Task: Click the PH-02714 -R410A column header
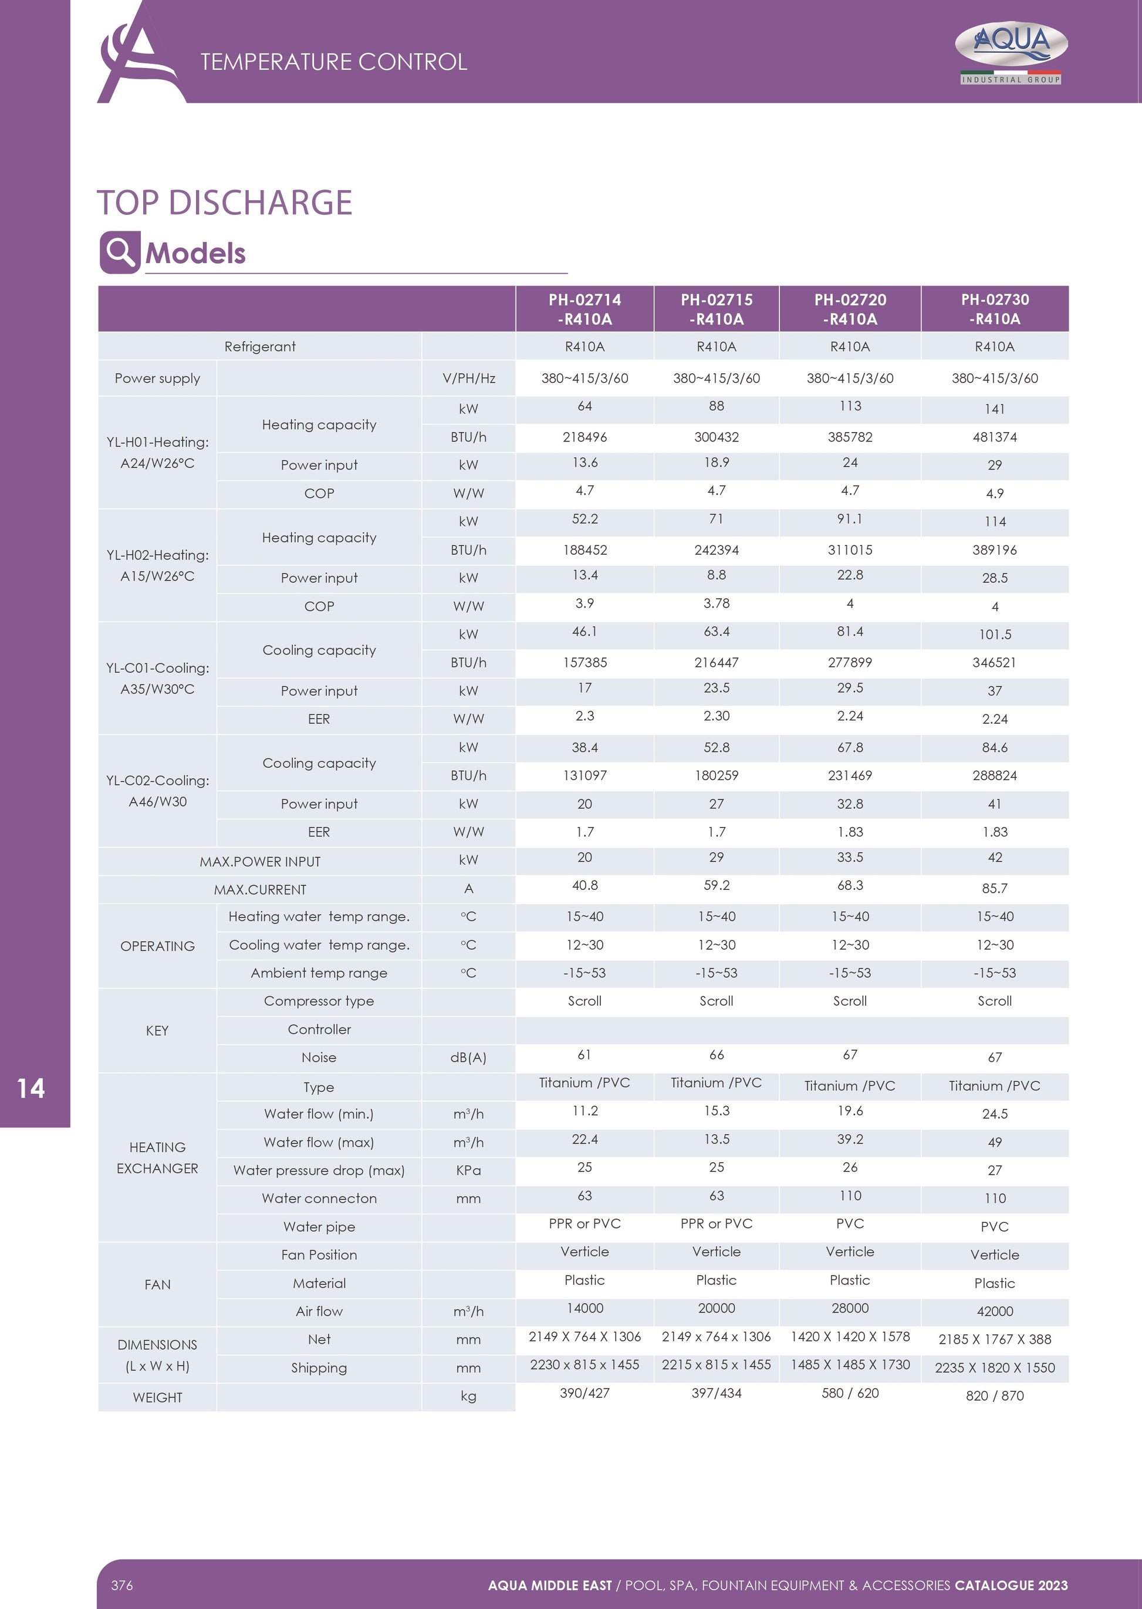584,309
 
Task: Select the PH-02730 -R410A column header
994,309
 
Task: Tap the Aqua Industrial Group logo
1011,53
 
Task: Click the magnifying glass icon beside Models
120,252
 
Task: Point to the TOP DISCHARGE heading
224,203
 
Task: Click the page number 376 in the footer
121,1585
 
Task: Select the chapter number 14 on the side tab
31,1088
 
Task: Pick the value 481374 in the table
994,437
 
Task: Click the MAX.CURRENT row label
259,889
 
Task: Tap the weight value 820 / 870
994,1396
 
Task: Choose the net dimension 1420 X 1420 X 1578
850,1337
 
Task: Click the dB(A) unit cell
468,1058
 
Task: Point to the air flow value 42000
994,1311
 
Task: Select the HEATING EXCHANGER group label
157,1158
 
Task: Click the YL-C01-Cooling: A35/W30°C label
157,679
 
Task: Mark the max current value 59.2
716,886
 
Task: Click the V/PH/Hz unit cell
468,379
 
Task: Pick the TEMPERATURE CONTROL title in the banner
333,62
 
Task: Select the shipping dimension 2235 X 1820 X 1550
994,1368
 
